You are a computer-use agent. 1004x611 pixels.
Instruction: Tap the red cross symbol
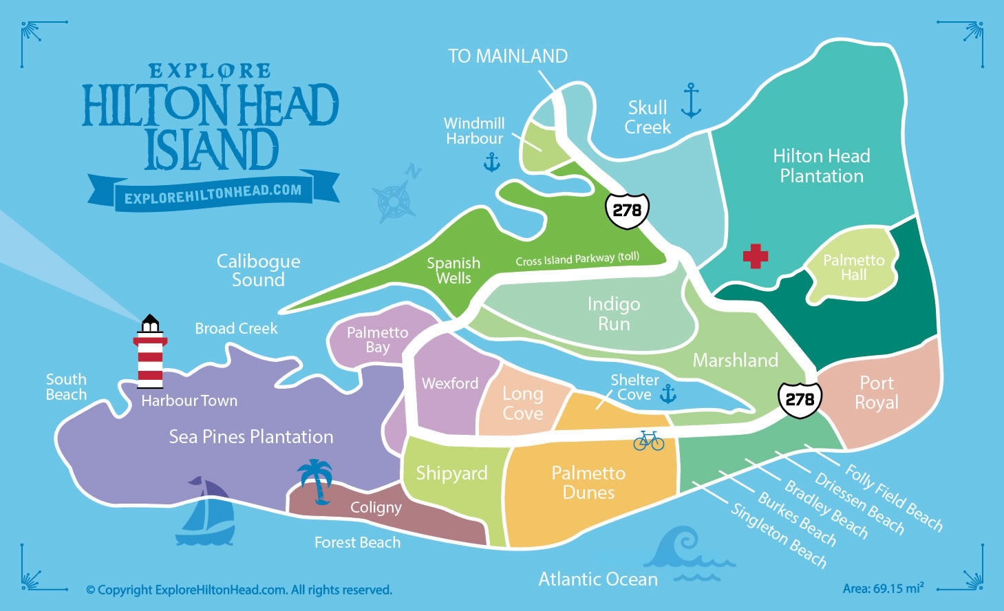755,256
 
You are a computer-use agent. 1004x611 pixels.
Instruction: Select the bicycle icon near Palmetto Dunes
648,440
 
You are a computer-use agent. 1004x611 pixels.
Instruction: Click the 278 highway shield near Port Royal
800,398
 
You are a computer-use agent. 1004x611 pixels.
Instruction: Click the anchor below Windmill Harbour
491,162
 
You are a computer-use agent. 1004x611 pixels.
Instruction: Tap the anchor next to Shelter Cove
667,394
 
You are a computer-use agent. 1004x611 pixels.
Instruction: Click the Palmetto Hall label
853,268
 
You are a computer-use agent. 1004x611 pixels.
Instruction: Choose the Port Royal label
876,393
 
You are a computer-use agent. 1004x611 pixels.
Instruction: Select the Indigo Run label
614,314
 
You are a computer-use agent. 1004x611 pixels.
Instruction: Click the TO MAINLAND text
508,56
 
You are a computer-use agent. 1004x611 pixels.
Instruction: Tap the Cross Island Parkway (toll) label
577,259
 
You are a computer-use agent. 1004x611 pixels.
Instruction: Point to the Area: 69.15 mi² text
883,588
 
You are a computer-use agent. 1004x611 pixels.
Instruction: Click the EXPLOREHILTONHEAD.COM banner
213,192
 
